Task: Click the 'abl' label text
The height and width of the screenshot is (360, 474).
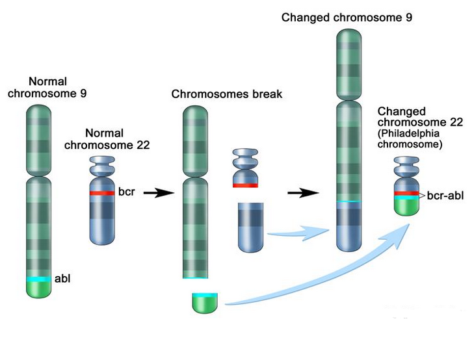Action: [63, 279]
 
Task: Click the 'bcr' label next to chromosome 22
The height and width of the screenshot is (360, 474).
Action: [126, 193]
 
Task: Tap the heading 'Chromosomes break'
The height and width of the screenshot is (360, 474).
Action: [227, 94]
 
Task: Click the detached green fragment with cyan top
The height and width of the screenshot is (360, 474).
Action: [205, 302]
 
